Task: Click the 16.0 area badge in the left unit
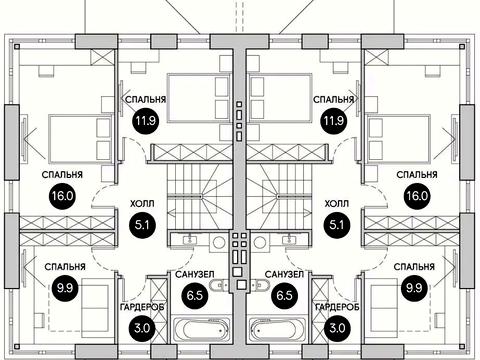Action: (x=62, y=196)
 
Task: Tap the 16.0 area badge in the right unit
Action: (x=417, y=196)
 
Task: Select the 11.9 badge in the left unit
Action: (x=146, y=120)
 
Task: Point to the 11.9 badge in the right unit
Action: (x=334, y=120)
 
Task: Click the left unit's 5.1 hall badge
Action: (x=142, y=225)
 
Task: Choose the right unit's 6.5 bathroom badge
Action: (x=285, y=295)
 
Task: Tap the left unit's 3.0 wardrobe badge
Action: (x=142, y=328)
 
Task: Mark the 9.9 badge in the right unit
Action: (x=414, y=287)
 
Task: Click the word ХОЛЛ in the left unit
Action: (x=142, y=203)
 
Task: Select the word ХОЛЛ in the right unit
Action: (x=337, y=203)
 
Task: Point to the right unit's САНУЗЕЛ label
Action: (x=284, y=274)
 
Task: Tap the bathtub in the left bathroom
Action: (x=201, y=329)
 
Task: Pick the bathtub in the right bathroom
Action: (x=278, y=329)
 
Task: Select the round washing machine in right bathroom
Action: (x=259, y=242)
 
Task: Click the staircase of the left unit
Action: (x=199, y=197)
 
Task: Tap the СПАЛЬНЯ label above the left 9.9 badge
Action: (x=65, y=267)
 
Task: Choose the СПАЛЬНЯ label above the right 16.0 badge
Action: (x=417, y=175)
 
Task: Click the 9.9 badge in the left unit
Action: (x=65, y=287)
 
